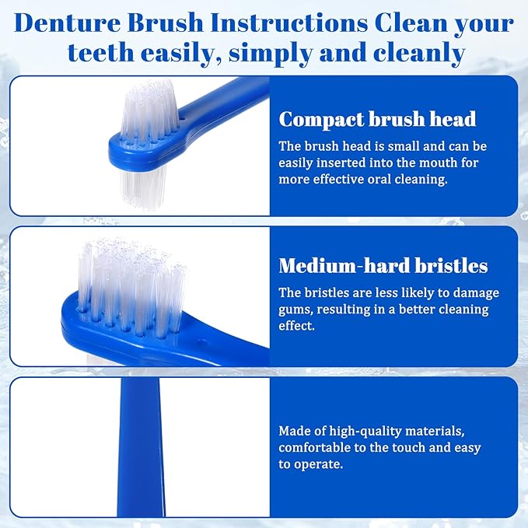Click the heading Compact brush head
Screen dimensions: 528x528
point(377,119)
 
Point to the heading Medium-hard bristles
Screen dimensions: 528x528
point(383,266)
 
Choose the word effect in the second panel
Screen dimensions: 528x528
point(298,326)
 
